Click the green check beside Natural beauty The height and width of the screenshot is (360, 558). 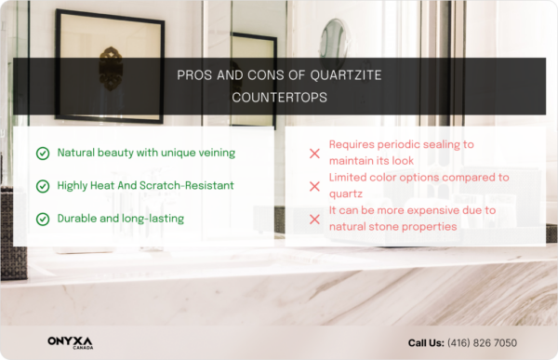[42, 153]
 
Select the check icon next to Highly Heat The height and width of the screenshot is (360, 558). [42, 186]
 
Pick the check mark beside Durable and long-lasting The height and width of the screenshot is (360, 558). [42, 219]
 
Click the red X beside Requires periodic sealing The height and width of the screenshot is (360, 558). [313, 153]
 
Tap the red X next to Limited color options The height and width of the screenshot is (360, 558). [313, 186]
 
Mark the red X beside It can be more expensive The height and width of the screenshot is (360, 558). [313, 219]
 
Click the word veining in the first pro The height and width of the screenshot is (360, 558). [213, 153]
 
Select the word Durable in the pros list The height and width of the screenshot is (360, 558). [78, 218]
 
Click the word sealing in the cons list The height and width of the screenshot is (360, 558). [432, 146]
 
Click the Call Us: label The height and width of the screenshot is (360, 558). [426, 343]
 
